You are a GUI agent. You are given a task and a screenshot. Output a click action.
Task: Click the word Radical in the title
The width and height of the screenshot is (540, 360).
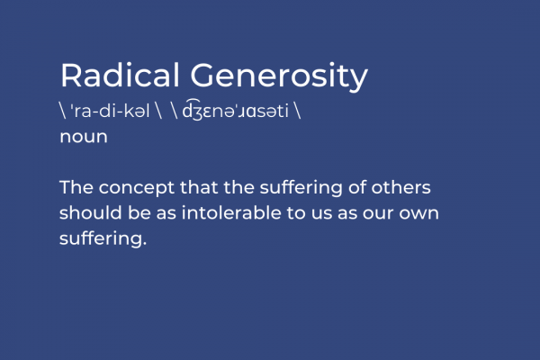pyautogui.click(x=120, y=75)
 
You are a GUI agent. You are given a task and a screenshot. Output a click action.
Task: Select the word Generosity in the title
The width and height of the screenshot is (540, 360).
pyautogui.click(x=279, y=77)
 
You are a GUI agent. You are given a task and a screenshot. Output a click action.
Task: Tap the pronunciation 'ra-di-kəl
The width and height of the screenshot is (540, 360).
pyautogui.click(x=110, y=111)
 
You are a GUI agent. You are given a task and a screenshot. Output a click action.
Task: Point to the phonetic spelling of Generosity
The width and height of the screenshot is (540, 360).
pyautogui.click(x=236, y=110)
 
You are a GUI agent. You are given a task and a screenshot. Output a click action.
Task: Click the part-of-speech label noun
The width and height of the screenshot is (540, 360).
pyautogui.click(x=84, y=137)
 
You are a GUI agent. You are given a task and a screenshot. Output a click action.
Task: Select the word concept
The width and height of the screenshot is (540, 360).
pyautogui.click(x=137, y=189)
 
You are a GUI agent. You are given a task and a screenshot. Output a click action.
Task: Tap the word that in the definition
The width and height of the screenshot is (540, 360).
pyautogui.click(x=199, y=187)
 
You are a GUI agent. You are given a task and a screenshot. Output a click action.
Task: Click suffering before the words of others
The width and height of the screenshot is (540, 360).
pyautogui.click(x=301, y=188)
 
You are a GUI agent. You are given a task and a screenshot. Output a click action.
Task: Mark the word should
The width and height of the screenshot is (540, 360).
pyautogui.click(x=91, y=212)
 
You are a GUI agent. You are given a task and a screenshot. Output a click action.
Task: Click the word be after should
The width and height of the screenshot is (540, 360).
pyautogui.click(x=139, y=212)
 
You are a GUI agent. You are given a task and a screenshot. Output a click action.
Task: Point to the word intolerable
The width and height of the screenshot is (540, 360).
pyautogui.click(x=231, y=212)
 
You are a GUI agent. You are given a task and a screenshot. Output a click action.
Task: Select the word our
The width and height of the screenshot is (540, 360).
pyautogui.click(x=378, y=214)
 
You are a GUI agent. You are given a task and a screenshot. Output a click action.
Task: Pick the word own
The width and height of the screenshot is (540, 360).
pyautogui.click(x=419, y=214)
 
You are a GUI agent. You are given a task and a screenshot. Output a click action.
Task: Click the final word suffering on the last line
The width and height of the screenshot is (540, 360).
pyautogui.click(x=101, y=238)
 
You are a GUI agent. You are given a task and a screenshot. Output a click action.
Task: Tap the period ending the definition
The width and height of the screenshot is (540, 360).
pyautogui.click(x=145, y=243)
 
